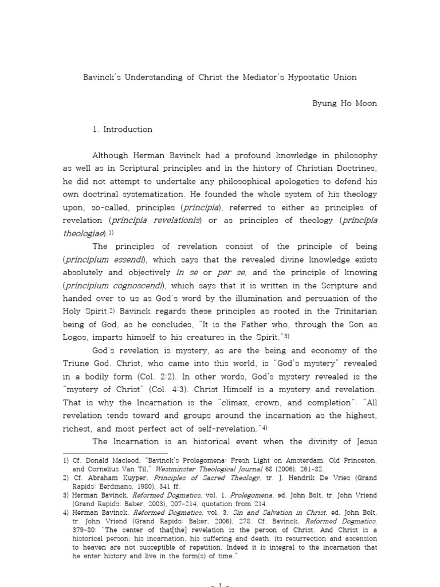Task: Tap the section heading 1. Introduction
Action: coord(122,130)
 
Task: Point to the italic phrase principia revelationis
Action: coord(163,221)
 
